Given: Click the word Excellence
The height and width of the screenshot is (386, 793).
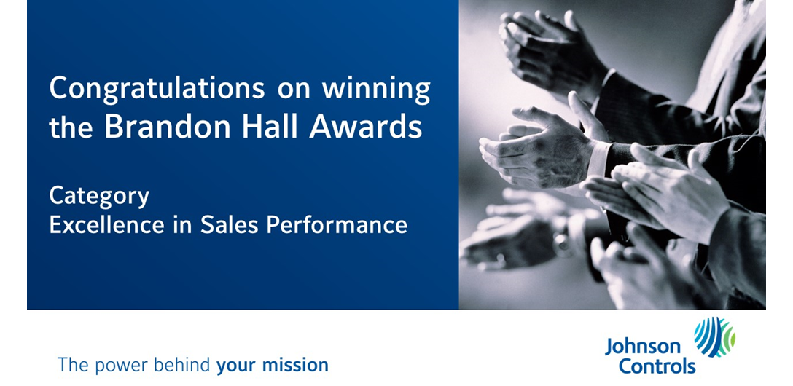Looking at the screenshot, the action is tap(106, 224).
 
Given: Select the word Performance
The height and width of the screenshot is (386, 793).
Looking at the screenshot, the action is tap(337, 224).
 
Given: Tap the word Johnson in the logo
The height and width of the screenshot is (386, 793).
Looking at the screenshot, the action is tap(643, 347).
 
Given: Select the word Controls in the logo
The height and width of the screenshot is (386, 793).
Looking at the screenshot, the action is tap(657, 366).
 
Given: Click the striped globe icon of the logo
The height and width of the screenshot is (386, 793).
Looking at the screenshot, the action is tap(714, 337).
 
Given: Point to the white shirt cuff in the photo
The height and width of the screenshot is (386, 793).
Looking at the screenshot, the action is tap(599, 158).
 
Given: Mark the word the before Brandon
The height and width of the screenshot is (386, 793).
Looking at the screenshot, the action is tap(71, 127).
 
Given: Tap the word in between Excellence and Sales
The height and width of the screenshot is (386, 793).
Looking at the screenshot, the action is tap(182, 224).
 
